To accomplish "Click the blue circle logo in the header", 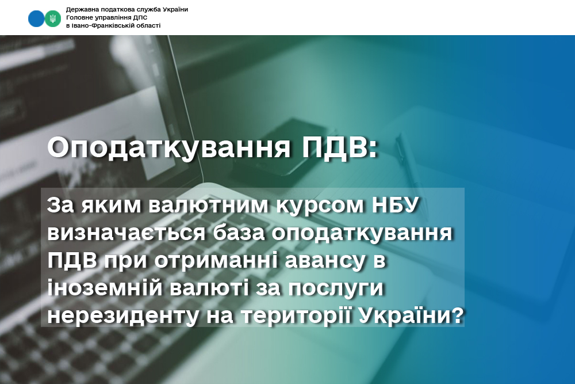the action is [36, 19].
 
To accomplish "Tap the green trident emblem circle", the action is [53, 19].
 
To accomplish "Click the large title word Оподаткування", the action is [168, 148].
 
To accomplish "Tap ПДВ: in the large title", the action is [339, 148].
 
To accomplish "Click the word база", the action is [239, 233].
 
